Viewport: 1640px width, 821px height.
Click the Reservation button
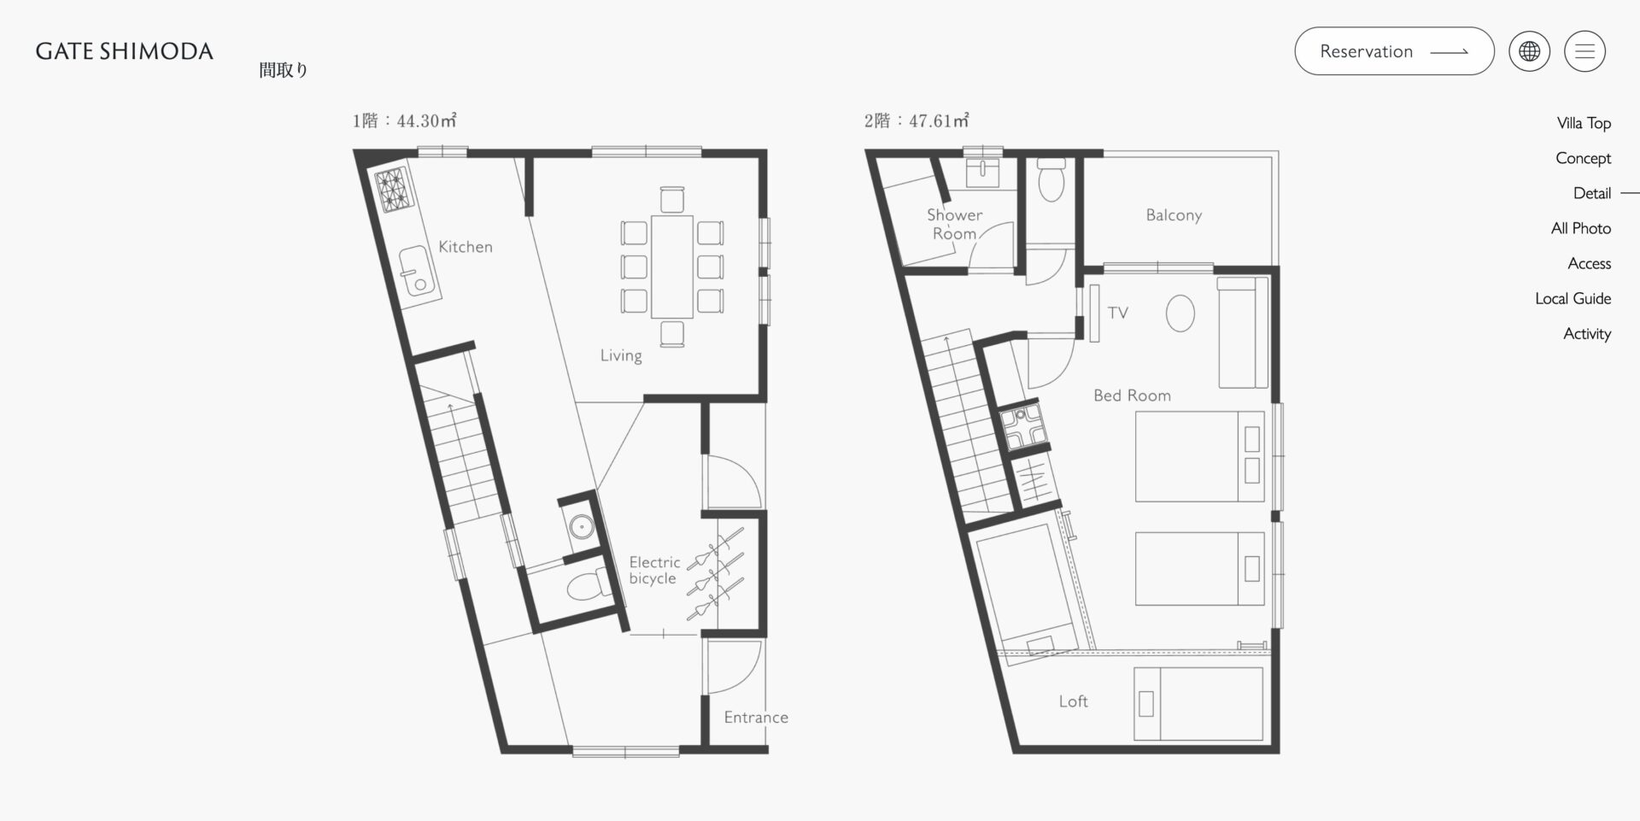coord(1394,51)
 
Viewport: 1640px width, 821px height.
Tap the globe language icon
coord(1529,51)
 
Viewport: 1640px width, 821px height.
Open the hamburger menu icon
coord(1584,51)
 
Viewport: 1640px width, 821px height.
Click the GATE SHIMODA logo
coord(125,51)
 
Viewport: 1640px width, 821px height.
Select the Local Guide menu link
coord(1573,298)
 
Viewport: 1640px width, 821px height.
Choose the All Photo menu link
coord(1581,228)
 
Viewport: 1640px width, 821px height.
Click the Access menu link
coord(1589,263)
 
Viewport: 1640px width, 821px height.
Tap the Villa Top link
coord(1584,123)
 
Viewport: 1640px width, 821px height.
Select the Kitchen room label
coord(466,247)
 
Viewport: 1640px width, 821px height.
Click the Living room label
coord(621,355)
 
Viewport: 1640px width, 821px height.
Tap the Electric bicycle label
coord(654,570)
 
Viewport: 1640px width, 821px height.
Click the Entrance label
coord(756,718)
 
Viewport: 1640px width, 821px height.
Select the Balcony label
coord(1174,215)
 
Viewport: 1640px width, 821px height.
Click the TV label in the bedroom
coord(1118,313)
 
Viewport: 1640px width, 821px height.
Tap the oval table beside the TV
coord(1180,314)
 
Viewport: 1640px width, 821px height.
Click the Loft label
coord(1074,701)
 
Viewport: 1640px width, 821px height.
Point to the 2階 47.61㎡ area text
coord(917,120)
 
